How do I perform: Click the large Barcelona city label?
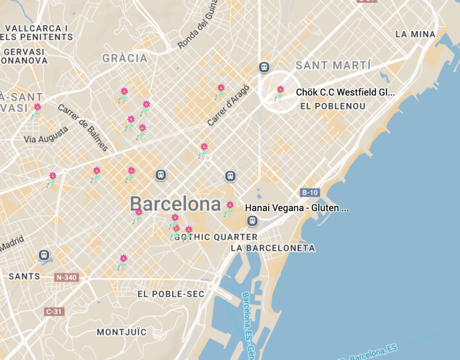click(x=176, y=204)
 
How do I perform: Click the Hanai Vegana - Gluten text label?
click(x=296, y=208)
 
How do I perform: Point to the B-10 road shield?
click(x=310, y=193)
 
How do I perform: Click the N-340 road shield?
click(x=66, y=277)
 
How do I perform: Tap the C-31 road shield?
click(x=53, y=311)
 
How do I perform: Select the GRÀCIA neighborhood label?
click(x=125, y=58)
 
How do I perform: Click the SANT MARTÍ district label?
click(x=333, y=66)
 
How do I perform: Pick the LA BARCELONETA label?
click(x=273, y=248)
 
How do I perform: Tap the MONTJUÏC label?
click(x=122, y=332)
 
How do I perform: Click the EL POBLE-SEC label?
click(x=171, y=294)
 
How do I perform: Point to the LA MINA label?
click(x=415, y=34)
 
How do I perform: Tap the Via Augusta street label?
click(x=46, y=135)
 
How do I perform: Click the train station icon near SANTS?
click(x=44, y=255)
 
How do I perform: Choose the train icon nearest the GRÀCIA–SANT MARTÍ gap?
click(x=264, y=67)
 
